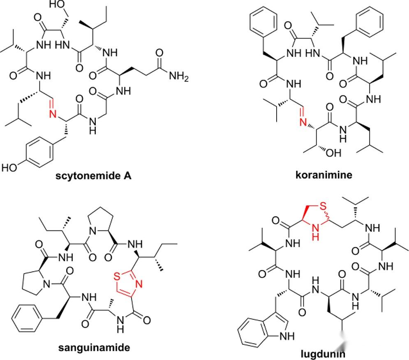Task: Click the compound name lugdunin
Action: [x=322, y=353]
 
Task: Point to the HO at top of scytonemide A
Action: [x=58, y=5]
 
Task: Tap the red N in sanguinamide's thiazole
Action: [x=139, y=284]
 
